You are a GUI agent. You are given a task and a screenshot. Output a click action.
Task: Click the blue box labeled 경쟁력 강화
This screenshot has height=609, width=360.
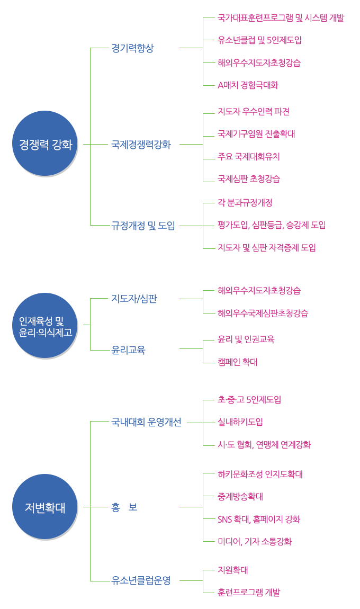pos(45,143)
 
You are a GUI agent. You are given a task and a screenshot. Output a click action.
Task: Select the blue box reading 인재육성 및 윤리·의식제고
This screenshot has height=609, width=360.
pos(45,325)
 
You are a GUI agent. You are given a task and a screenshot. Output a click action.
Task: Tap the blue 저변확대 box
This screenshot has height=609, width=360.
pos(45,506)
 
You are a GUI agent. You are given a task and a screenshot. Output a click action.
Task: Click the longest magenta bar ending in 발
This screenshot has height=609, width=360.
pos(281,18)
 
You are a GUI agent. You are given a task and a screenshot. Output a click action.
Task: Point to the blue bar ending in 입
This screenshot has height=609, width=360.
pos(143,226)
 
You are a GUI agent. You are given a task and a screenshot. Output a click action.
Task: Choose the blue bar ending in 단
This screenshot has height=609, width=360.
pos(134,299)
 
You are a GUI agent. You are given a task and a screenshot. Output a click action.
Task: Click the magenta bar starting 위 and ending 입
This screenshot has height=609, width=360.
pos(259,40)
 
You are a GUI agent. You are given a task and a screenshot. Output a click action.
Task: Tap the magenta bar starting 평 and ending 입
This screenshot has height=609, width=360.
pos(272,225)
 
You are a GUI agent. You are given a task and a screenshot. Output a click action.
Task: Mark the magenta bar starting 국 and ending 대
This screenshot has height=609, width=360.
pos(256,134)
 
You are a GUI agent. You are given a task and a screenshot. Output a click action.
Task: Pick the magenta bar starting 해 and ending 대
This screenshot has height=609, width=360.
pos(260,474)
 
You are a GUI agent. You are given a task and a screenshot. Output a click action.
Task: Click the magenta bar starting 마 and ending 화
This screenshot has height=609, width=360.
pos(255,542)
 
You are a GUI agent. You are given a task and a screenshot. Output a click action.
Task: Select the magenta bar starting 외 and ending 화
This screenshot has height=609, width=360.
pos(259,520)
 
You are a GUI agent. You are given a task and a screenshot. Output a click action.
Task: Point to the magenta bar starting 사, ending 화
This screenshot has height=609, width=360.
pos(264,445)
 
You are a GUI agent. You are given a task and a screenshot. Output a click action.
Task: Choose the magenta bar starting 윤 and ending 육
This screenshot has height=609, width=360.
pos(247,339)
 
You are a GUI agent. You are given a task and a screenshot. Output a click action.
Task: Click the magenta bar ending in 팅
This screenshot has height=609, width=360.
pos(267,247)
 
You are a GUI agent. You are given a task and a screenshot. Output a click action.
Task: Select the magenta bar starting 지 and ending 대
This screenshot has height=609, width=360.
pos(233,570)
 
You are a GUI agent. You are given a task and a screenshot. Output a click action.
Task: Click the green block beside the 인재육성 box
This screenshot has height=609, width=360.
pos(148,326)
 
